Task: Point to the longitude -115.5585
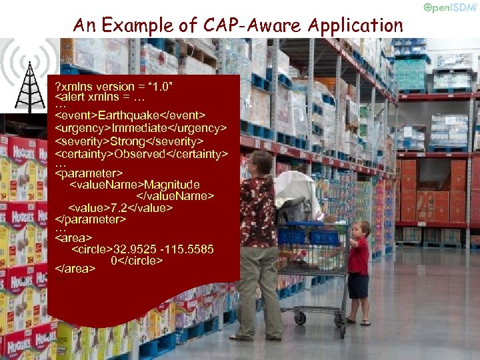click(190, 249)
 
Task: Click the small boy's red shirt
click(358, 256)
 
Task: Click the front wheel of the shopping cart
click(300, 318)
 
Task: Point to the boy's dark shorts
click(359, 285)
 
